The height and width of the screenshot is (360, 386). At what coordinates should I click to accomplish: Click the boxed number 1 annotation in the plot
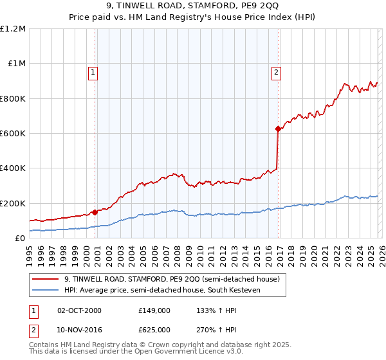point(93,73)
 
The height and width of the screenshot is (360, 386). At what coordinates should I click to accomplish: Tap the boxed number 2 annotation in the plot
point(276,73)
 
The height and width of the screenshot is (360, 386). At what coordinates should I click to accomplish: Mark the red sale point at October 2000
point(95,212)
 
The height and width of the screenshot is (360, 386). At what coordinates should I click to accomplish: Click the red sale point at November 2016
point(278,129)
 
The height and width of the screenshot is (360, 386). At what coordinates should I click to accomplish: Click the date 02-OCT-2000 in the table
point(79,310)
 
